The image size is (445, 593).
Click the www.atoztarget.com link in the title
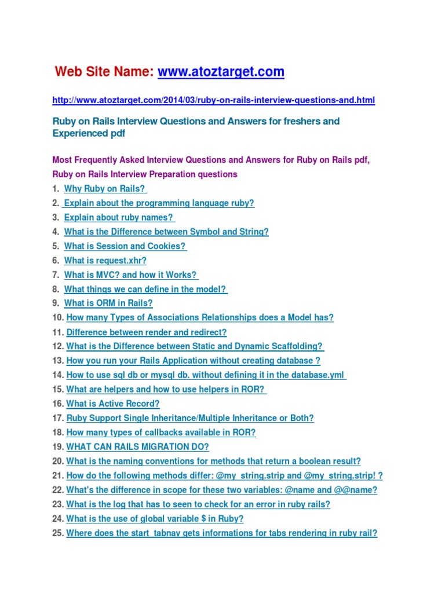click(221, 72)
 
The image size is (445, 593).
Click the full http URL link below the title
click(213, 100)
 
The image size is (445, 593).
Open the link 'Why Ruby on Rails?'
click(104, 189)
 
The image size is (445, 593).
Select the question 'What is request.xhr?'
click(105, 261)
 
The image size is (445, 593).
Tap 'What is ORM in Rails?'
click(108, 303)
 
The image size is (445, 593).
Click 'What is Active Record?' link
click(112, 404)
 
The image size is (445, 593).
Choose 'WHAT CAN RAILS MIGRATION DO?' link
click(137, 447)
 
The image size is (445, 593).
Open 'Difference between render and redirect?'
click(147, 332)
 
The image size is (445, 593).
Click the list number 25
click(57, 533)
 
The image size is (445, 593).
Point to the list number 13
click(57, 361)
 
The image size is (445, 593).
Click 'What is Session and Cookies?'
click(125, 246)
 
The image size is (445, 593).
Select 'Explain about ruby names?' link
click(119, 218)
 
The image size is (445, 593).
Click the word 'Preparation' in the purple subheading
click(170, 174)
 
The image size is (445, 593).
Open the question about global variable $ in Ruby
click(155, 519)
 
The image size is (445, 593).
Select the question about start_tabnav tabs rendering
click(221, 533)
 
